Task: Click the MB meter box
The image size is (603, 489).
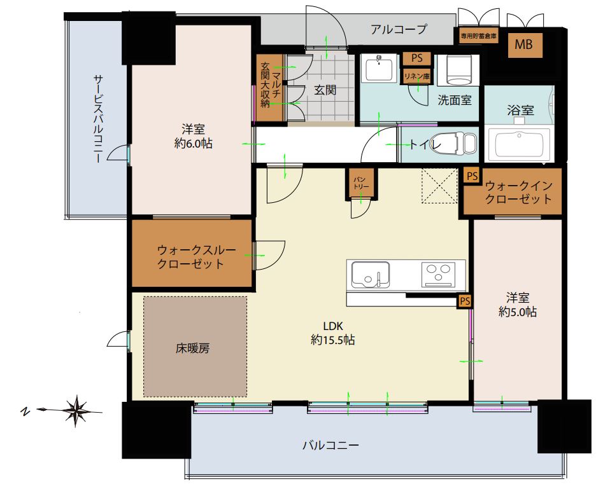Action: [525, 45]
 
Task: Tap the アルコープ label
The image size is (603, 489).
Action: [399, 29]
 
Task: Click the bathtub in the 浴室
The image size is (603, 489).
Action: [520, 144]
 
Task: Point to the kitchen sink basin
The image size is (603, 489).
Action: [370, 275]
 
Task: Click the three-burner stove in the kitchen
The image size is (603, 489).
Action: [438, 274]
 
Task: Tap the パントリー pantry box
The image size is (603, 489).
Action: [361, 183]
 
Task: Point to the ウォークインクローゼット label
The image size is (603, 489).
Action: [518, 193]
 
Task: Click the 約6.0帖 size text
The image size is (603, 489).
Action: [193, 144]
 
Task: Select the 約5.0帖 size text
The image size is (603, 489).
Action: [518, 312]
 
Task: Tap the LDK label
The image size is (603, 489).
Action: [333, 326]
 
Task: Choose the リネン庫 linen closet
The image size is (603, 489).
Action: [417, 76]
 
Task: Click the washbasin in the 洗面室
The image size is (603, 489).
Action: [379, 69]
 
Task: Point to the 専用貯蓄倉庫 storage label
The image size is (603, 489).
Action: [479, 36]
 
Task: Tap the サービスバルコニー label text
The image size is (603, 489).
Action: [99, 118]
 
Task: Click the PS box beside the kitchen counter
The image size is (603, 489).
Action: [465, 301]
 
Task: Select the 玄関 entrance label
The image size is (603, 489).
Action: [325, 90]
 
